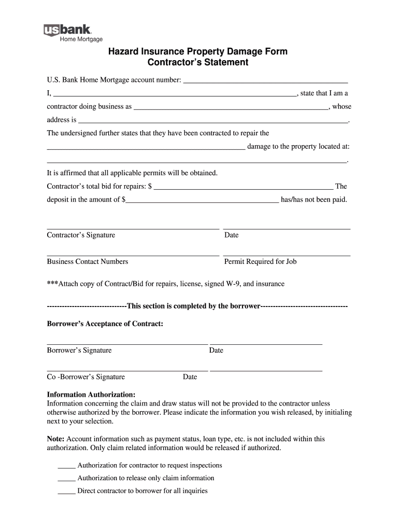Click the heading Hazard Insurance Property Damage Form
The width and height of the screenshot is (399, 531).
[x=197, y=52]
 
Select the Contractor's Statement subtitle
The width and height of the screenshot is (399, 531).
[x=198, y=63]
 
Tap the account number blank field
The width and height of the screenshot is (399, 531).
[x=265, y=81]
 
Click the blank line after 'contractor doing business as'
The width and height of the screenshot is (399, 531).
[x=231, y=107]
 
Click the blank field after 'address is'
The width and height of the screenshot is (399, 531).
[x=213, y=120]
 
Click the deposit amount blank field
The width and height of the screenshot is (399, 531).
[x=202, y=200]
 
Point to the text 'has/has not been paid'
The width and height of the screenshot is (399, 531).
[x=313, y=200]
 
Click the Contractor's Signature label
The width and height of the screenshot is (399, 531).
[x=81, y=235]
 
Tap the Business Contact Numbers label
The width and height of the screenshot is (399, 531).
[x=88, y=262]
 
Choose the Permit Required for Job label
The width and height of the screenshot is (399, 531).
[x=260, y=262]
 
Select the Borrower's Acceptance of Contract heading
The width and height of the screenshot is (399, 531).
[x=105, y=324]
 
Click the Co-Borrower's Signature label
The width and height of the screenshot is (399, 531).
[x=86, y=378]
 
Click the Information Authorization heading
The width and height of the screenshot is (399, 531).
[x=91, y=395]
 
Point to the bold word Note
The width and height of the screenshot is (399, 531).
[x=55, y=439]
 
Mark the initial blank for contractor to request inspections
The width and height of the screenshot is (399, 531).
[x=66, y=466]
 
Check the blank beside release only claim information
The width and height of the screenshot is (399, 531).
[x=66, y=479]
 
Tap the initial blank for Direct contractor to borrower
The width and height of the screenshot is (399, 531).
[x=66, y=491]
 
